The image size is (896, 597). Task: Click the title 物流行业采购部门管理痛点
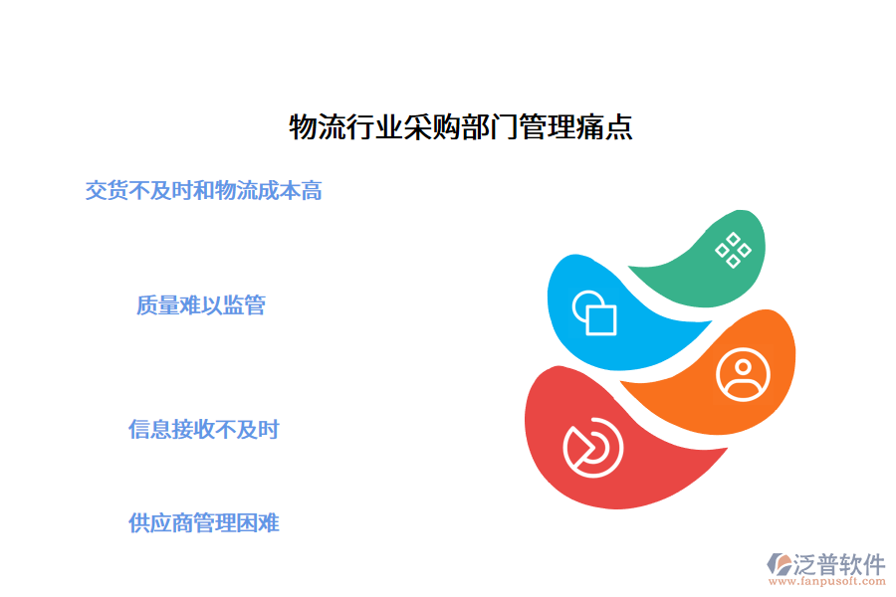pyautogui.click(x=460, y=128)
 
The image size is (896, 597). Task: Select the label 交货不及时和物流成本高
pyautogui.click(x=204, y=190)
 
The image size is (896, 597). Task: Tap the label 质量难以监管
pyautogui.click(x=201, y=305)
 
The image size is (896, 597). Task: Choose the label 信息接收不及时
pyautogui.click(x=204, y=430)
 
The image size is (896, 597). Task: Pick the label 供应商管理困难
pyautogui.click(x=204, y=522)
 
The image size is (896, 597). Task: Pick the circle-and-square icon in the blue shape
pyautogui.click(x=594, y=312)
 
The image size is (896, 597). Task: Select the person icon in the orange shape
pyautogui.click(x=743, y=374)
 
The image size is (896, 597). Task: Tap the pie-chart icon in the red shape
pyautogui.click(x=592, y=449)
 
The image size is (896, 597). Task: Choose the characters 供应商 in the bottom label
pyautogui.click(x=165, y=522)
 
